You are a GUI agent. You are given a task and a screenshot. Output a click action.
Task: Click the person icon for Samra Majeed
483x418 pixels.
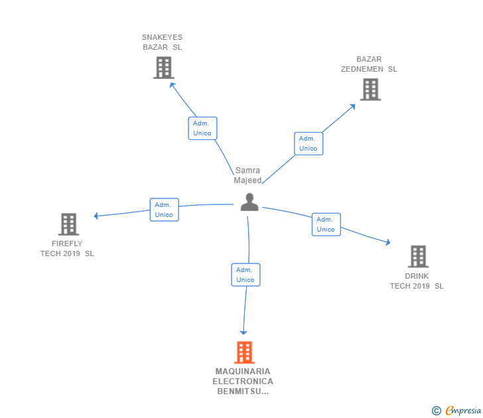[x=249, y=202]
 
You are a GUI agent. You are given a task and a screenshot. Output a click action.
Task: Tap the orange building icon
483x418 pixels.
[x=244, y=352]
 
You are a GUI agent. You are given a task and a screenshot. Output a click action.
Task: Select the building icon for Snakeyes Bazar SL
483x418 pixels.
[x=164, y=68]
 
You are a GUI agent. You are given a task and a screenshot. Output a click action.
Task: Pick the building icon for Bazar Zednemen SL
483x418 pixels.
[x=371, y=90]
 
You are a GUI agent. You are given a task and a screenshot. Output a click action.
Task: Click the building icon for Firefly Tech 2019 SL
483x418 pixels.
[x=69, y=224]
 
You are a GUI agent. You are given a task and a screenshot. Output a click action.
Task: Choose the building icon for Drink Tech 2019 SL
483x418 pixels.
[x=418, y=256]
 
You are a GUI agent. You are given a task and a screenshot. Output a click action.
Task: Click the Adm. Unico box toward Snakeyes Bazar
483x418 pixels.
[x=203, y=128]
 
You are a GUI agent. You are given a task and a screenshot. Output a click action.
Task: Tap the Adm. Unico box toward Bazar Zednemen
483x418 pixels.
[x=309, y=143]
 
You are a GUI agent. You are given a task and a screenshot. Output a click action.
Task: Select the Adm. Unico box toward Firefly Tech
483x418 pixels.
[x=164, y=210]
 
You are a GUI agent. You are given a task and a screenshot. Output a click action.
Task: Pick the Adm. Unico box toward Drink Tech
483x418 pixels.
[x=326, y=224]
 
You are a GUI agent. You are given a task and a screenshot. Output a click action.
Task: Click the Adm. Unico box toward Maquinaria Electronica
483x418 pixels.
[x=245, y=275]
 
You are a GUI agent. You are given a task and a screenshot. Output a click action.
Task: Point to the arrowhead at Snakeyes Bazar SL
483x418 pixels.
[x=172, y=85]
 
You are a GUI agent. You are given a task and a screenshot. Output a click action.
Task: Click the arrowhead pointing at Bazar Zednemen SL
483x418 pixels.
[x=352, y=107]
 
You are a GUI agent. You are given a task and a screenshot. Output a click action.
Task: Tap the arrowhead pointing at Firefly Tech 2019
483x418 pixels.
[x=96, y=216]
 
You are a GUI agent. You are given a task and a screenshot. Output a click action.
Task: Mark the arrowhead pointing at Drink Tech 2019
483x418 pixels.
[x=388, y=242]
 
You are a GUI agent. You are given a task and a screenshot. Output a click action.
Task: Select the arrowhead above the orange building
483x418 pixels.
[x=243, y=332]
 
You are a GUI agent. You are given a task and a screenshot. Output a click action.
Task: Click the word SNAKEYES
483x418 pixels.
[x=162, y=37]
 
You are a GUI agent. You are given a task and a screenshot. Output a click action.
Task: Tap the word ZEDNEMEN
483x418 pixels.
[x=362, y=69]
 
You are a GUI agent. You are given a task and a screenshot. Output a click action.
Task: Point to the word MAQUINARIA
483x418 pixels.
[x=243, y=371]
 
